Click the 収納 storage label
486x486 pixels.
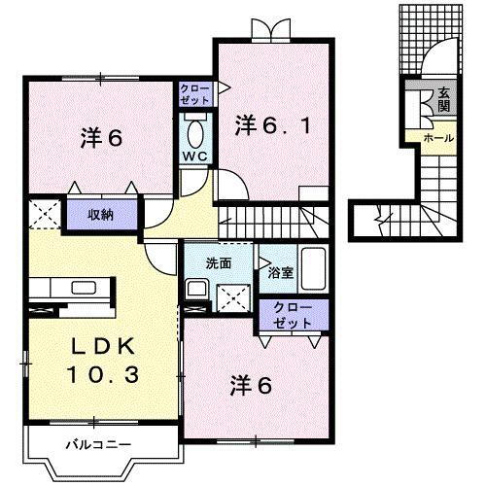pyautogui.click(x=101, y=214)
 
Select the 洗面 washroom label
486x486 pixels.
pyautogui.click(x=219, y=263)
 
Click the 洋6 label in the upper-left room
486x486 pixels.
pyautogui.click(x=101, y=139)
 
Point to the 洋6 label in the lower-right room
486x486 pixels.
pyautogui.click(x=250, y=385)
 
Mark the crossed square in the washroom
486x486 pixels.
pyautogui.click(x=231, y=293)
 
